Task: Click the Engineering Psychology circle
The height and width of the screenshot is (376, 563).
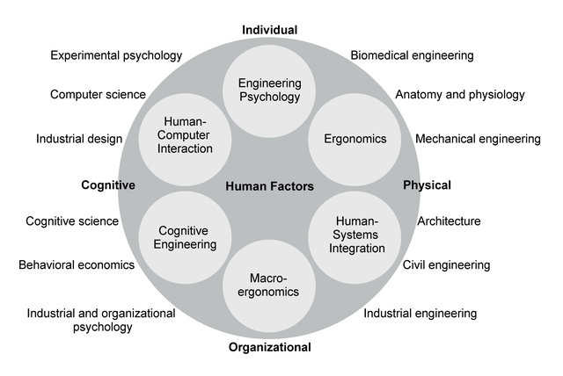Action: pos(269,91)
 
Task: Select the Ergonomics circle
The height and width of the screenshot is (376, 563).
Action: pos(355,140)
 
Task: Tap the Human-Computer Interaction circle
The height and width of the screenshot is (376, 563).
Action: pos(185,140)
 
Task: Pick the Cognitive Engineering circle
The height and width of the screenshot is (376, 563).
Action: pos(185,238)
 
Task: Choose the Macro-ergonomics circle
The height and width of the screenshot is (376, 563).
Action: pos(269,286)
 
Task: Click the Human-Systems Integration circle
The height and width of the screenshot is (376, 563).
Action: pos(355,238)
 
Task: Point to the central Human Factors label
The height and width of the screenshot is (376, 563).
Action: pos(270,186)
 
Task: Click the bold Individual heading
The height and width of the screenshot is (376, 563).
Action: pos(270,30)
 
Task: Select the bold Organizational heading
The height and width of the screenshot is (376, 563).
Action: pos(270,347)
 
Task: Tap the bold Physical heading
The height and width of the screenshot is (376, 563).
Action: pos(427,185)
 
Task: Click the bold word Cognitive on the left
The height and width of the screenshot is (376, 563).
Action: pos(108,185)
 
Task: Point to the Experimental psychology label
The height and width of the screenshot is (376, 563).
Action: pos(116,55)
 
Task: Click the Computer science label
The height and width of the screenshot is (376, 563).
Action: pos(98,95)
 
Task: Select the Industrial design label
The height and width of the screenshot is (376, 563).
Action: pos(79,139)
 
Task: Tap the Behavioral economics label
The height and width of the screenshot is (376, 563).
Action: pos(77,265)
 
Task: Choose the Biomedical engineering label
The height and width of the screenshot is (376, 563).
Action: pos(413,55)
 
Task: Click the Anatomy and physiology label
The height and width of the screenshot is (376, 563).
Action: pos(460,95)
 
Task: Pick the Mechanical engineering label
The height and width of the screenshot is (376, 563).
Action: pos(478,139)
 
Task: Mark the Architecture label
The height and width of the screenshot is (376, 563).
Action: pos(449,221)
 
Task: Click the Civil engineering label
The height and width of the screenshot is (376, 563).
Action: pos(446,265)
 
